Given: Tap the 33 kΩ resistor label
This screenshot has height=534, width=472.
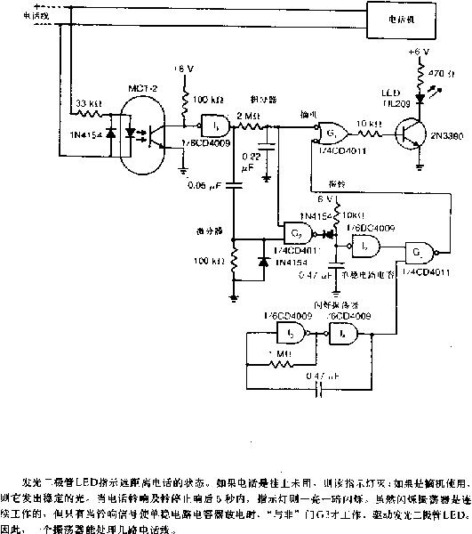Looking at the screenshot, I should click(x=86, y=102).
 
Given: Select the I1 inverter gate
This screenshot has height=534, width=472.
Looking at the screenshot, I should click(x=213, y=125).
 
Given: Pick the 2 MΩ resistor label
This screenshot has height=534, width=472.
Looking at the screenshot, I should click(x=247, y=116).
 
